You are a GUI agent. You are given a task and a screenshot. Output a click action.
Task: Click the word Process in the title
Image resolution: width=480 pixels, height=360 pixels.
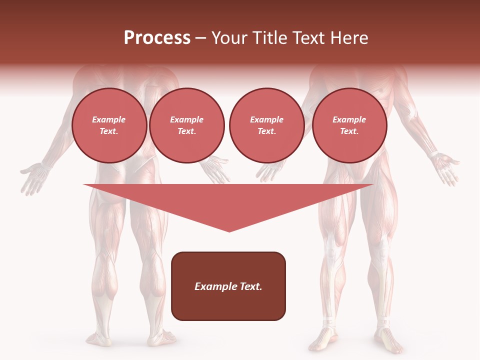point(157,38)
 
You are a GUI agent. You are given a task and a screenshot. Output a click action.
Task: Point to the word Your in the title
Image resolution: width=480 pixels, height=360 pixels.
point(228,38)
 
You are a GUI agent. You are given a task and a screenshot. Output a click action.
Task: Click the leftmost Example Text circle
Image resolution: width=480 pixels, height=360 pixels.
point(109,125)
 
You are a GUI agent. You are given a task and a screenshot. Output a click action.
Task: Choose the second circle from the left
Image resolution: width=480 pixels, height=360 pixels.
point(186,125)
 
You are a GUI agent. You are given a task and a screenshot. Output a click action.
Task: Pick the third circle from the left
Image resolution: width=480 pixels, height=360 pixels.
point(266,125)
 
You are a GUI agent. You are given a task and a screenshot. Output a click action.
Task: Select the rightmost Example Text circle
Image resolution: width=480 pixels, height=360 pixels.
point(349,125)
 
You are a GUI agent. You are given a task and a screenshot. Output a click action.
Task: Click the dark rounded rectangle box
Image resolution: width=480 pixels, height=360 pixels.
point(228,286)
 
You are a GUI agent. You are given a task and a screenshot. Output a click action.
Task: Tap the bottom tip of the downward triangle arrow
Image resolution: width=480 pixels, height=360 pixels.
point(229,231)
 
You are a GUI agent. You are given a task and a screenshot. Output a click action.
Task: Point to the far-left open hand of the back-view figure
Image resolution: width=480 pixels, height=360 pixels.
point(35,176)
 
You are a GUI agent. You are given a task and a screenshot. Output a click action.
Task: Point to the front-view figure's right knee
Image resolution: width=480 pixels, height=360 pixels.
point(382,245)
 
